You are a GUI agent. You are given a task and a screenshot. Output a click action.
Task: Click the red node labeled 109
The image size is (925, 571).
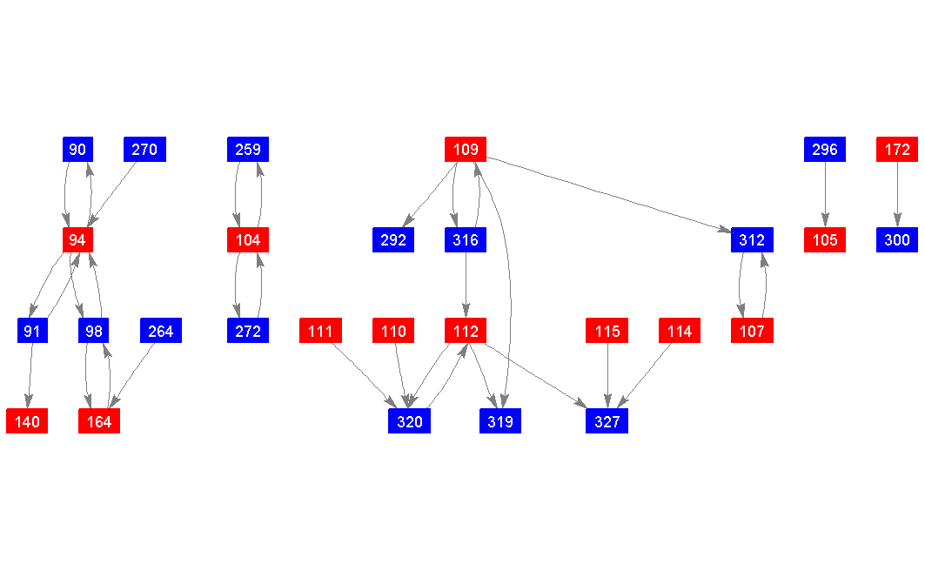[466, 150]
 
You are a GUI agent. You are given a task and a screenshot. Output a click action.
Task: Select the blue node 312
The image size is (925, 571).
[752, 240]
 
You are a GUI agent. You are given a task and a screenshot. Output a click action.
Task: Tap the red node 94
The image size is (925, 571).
[77, 240]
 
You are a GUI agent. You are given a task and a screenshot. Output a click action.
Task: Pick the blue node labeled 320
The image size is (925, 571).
[409, 421]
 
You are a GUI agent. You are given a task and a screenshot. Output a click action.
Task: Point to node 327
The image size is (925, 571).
[607, 421]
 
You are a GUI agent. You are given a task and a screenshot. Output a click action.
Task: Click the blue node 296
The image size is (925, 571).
[824, 150]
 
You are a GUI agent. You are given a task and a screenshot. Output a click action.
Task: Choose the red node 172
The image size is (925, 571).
[897, 150]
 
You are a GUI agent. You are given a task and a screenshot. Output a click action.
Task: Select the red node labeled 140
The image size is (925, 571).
[27, 421]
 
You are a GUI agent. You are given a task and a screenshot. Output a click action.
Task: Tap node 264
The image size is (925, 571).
[161, 331]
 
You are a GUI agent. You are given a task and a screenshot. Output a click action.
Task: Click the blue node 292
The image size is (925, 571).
[393, 240]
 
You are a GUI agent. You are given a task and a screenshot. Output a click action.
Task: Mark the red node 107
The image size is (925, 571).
[752, 331]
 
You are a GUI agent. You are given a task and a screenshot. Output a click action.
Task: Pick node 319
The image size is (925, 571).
[500, 421]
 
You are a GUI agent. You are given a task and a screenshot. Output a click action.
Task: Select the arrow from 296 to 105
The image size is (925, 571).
[824, 195]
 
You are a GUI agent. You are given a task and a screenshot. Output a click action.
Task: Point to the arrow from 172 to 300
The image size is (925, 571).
[897, 195]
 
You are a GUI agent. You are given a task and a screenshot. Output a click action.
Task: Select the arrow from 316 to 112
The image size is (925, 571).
[466, 285]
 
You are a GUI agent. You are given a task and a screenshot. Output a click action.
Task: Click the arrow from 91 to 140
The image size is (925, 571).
[30, 376]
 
